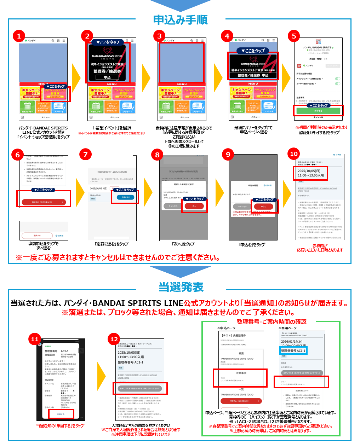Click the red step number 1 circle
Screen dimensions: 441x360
(x=19, y=36)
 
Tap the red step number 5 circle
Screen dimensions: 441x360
(x=294, y=36)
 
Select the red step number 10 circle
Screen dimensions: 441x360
(x=294, y=154)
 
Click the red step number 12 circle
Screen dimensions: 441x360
(x=114, y=339)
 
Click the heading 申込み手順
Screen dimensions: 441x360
(x=180, y=20)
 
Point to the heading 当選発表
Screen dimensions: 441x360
(x=181, y=287)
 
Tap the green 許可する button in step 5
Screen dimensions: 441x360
(x=318, y=111)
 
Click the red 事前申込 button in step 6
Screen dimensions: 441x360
(x=43, y=202)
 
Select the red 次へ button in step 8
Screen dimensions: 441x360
(x=194, y=206)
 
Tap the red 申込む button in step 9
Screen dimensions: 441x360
(x=263, y=207)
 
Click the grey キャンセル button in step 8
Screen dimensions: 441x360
(x=173, y=206)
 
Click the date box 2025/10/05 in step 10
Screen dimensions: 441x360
(x=311, y=173)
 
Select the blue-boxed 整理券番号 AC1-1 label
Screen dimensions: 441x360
(x=293, y=350)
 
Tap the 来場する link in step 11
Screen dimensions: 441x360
(x=61, y=414)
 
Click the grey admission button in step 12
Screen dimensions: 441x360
(x=140, y=388)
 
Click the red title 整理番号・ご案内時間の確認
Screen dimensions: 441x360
(x=272, y=322)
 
